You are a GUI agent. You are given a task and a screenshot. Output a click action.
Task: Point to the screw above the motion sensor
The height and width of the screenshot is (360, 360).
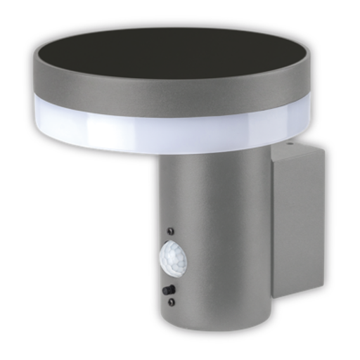[x=169, y=231]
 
